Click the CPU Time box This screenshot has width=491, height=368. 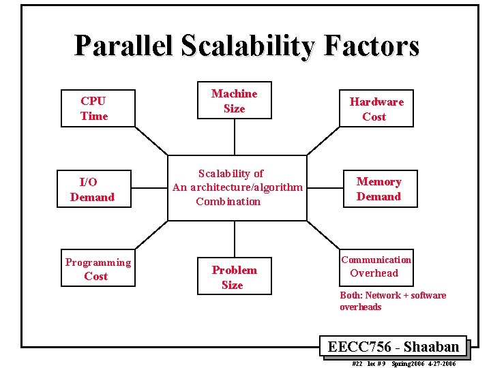coord(94,108)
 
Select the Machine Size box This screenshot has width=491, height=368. coord(234,102)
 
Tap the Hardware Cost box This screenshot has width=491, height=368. coord(376,109)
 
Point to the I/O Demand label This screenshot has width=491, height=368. coord(92,189)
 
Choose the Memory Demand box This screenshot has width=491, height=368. coord(378,189)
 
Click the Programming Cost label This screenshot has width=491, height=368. coord(98,269)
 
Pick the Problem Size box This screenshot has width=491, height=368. coord(234,277)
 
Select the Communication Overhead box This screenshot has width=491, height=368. coord(376,266)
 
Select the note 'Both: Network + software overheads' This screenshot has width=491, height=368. coord(393,301)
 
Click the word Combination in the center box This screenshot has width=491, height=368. coord(228,202)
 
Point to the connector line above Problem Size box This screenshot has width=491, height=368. coord(235,239)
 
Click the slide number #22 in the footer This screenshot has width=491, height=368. coord(357,364)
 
